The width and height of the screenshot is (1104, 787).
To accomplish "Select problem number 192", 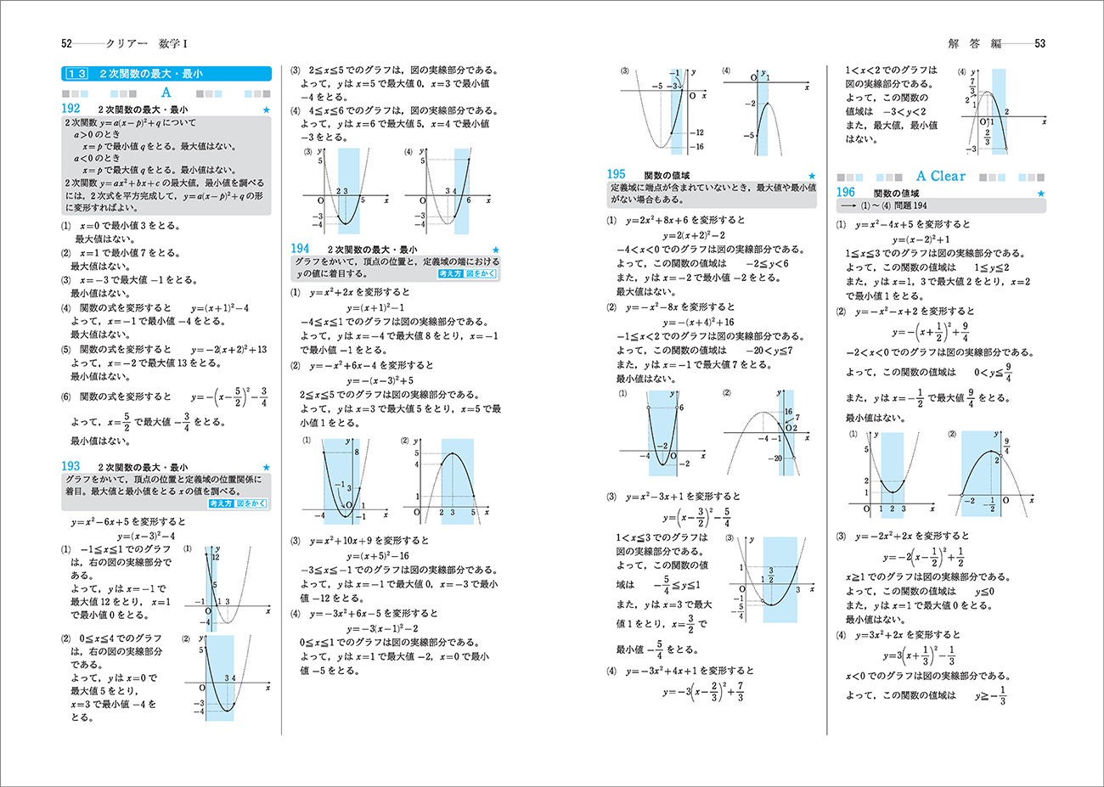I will [70, 109].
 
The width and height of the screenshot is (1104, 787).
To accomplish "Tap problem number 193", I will [70, 466].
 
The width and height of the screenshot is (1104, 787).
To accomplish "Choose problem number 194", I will [300, 249].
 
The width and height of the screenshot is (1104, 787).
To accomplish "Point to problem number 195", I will [616, 174].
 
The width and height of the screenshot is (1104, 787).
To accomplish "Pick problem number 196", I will [846, 193].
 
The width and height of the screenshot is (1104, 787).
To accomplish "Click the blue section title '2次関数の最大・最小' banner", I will [166, 74].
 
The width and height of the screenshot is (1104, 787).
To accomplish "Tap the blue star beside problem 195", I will [811, 176].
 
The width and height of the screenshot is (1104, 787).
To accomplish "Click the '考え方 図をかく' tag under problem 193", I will [238, 503].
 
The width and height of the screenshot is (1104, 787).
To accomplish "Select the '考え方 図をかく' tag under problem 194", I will [467, 274].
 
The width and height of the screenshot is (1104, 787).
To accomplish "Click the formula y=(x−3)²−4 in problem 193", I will [145, 536].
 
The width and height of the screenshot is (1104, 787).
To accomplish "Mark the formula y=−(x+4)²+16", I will [698, 323].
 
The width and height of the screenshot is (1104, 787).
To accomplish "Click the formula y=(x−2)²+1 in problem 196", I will [921, 239].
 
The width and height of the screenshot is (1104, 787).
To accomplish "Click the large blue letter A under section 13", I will [166, 93].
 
